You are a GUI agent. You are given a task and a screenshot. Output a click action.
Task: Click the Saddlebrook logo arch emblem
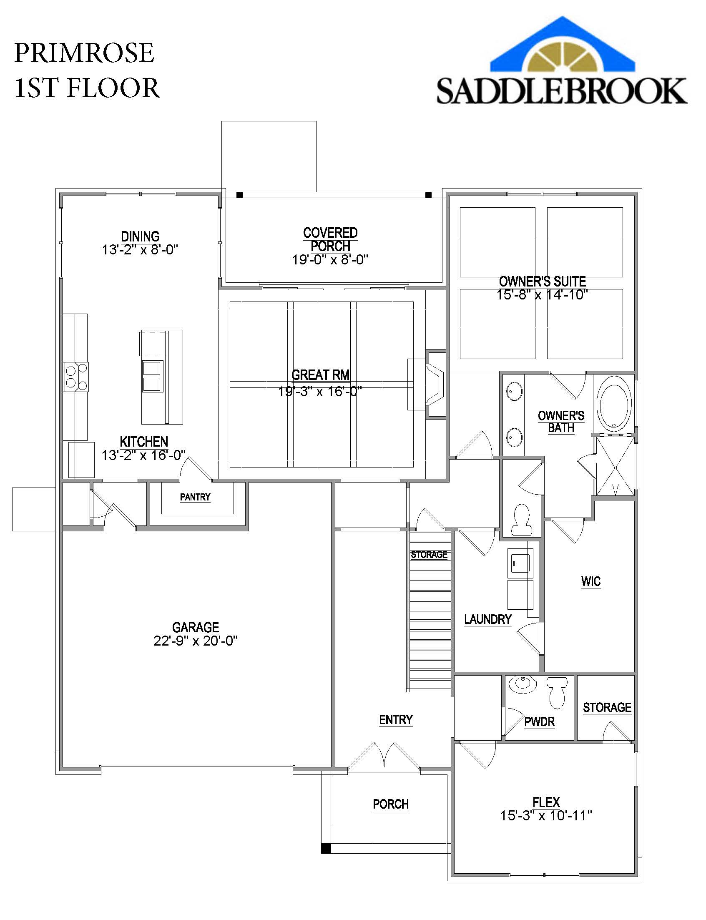563,46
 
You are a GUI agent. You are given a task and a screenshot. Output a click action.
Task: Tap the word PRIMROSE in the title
84,53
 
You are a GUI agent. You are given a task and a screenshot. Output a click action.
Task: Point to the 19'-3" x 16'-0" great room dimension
320,391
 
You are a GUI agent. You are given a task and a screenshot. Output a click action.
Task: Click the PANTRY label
195,497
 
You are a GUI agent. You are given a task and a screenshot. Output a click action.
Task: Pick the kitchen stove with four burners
76,377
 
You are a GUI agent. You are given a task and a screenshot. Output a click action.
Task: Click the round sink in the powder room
523,684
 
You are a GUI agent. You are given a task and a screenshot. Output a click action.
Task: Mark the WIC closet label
591,582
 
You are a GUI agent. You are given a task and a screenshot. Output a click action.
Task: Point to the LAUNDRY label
487,619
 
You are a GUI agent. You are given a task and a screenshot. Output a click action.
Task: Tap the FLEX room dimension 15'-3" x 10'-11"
546,816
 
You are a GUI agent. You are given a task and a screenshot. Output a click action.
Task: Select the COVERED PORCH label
330,239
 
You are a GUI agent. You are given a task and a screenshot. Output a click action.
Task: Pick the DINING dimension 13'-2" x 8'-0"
140,250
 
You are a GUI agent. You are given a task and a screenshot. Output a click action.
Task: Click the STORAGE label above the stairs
429,554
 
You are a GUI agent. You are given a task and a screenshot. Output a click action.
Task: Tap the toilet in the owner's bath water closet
522,520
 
